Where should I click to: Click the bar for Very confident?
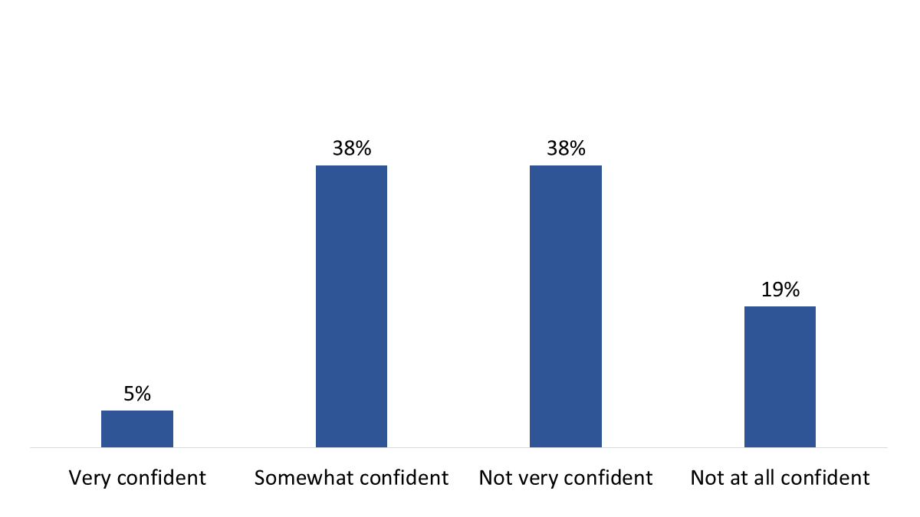[137, 428]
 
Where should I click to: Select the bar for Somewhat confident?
[351, 306]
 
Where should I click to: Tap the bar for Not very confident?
[565, 306]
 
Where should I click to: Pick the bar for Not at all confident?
[780, 376]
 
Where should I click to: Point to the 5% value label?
[137, 394]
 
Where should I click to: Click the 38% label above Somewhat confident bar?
[351, 149]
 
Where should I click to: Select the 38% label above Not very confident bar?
[565, 149]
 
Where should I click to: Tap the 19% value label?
[780, 290]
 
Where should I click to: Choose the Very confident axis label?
[137, 478]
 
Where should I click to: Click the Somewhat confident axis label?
[351, 478]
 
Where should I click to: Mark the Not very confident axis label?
[565, 478]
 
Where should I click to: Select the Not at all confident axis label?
[780, 478]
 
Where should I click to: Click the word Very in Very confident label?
[86, 478]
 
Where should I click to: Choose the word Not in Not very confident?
[495, 478]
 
